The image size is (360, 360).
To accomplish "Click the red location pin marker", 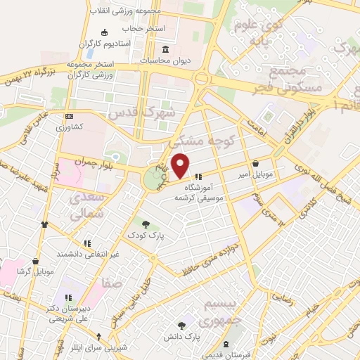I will [x=181, y=165].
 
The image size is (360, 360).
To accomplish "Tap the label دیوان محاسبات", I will [x=166, y=60].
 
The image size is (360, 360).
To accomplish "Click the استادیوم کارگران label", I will [x=105, y=44].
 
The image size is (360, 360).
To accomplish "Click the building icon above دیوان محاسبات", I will [x=165, y=50].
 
